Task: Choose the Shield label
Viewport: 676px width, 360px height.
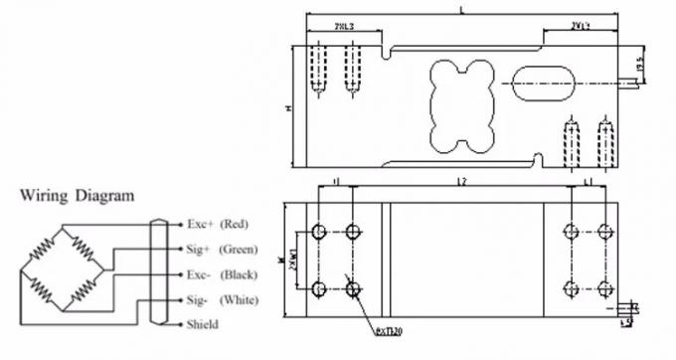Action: (202, 324)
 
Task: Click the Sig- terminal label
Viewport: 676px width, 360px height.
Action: (199, 298)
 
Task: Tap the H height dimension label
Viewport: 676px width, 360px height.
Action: (287, 108)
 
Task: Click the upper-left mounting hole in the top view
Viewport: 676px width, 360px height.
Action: (318, 231)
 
